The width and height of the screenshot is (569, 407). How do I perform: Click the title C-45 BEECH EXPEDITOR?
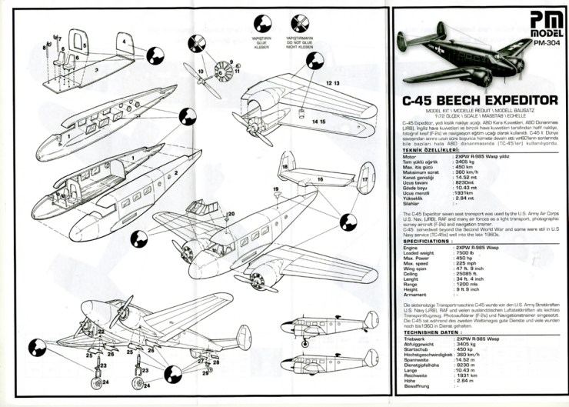tap(479, 100)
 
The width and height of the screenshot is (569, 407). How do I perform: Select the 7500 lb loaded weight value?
tap(461, 251)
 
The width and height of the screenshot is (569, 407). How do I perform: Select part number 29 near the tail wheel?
tap(206, 373)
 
